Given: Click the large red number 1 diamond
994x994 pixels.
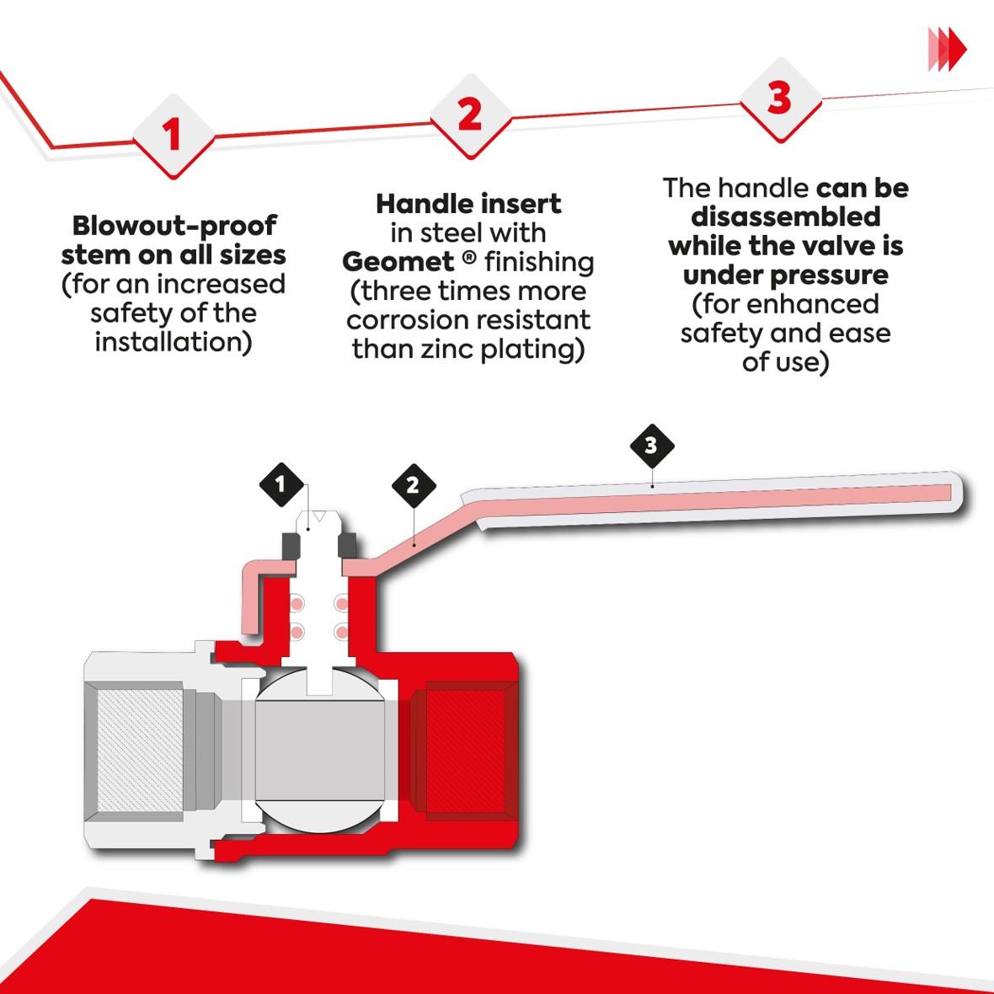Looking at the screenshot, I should pos(172,136).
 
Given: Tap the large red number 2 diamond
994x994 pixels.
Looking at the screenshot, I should pos(469,114).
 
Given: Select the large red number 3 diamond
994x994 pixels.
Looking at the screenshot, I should pos(779,98).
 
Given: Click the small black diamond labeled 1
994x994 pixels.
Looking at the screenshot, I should pos(280,484).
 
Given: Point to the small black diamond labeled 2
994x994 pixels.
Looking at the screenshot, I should pos(412,485).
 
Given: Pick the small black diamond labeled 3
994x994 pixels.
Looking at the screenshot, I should pos(651,445).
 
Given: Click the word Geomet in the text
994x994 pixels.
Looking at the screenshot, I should pos(398,262).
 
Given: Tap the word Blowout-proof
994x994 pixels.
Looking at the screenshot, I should pos(174,226).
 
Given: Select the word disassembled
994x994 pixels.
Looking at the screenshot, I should pos(785,216).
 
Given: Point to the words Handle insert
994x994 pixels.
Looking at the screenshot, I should pos(468,204).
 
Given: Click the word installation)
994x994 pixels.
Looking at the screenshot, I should pos(174,342).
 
